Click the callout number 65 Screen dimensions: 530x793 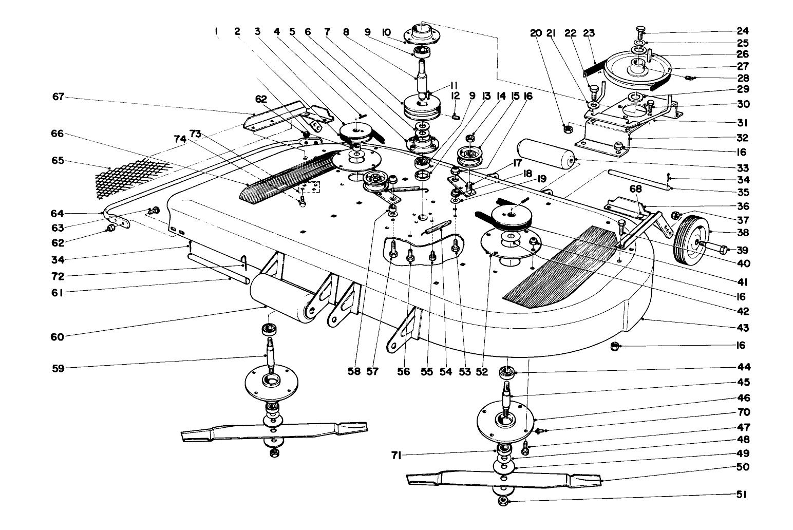[x=58, y=160]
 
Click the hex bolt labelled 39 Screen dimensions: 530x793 [x=716, y=250]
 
